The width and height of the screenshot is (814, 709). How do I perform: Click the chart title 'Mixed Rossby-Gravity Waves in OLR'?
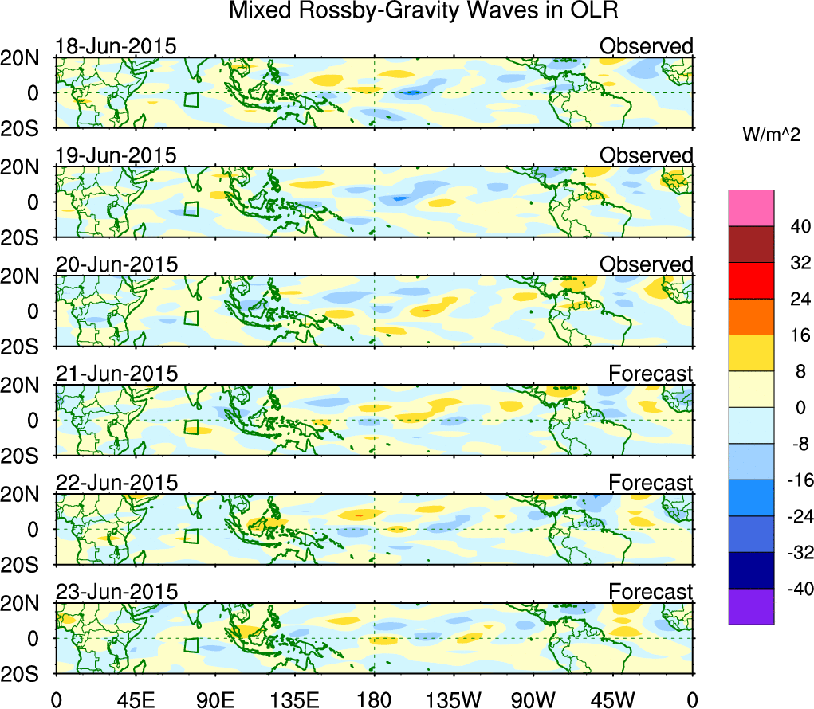(423, 11)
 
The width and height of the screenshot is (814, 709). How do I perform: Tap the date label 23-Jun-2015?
(116, 592)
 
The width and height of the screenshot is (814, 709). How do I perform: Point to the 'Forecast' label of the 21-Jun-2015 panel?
(651, 373)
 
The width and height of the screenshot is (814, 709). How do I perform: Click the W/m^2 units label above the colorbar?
(771, 136)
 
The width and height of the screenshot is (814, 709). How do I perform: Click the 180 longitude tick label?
(374, 699)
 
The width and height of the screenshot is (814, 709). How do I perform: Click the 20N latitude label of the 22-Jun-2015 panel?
(26, 494)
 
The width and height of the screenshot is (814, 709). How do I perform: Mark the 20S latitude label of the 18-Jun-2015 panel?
(26, 128)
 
